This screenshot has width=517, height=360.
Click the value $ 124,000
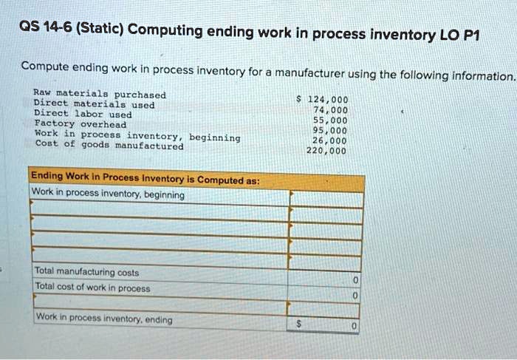[322, 99]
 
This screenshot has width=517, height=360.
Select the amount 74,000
[330, 110]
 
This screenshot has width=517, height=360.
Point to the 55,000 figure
[330, 120]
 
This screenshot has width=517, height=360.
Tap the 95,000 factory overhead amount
[329, 130]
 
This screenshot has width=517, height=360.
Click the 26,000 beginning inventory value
[329, 140]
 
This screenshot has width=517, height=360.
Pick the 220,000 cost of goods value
[326, 151]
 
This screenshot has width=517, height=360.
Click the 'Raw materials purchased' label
[100, 94]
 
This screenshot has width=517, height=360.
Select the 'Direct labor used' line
[83, 114]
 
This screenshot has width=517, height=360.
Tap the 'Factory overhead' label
[81, 123]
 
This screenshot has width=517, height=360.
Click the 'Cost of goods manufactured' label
[109, 145]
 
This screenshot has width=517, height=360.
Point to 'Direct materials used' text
[95, 104]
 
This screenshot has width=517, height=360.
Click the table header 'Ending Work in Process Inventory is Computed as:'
[145, 178]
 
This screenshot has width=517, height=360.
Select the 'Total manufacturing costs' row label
[86, 271]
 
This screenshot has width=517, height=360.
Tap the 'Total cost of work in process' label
[92, 287]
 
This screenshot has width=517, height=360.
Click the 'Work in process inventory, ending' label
[104, 318]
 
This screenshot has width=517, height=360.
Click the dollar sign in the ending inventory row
[298, 324]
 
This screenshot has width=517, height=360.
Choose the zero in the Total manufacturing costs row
[355, 280]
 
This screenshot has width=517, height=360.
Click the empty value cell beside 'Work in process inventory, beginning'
[326, 199]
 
